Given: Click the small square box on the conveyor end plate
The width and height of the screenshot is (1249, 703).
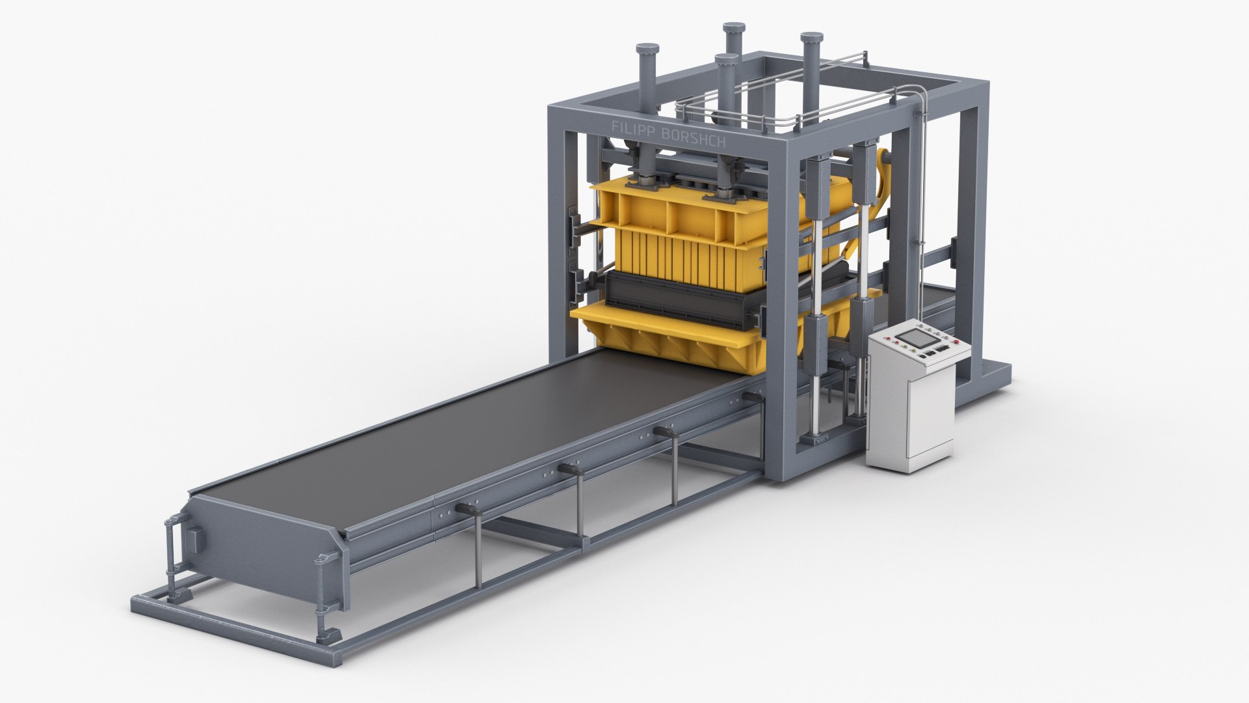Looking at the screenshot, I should (x=195, y=540).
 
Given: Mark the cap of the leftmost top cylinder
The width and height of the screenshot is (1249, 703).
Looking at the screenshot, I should (x=647, y=49).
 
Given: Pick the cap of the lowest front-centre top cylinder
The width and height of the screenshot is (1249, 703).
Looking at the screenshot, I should (x=727, y=59).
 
